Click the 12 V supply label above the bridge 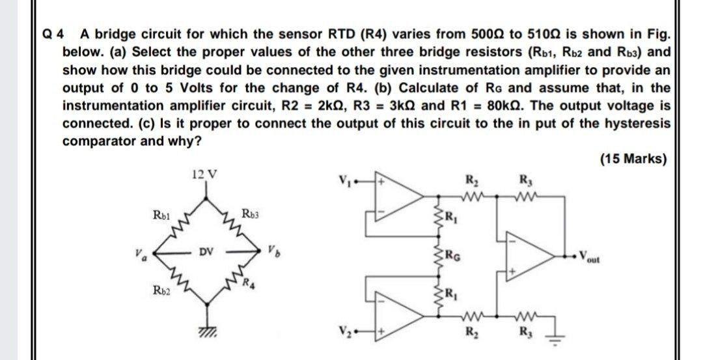coord(206,174)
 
